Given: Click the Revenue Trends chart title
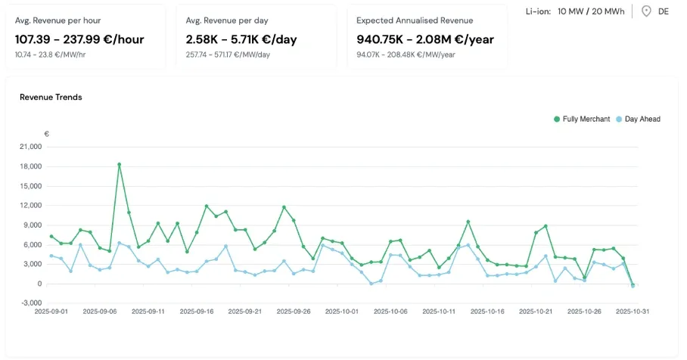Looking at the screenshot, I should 51,97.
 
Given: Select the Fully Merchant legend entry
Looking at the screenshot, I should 582,119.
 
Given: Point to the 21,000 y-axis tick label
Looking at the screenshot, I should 30,147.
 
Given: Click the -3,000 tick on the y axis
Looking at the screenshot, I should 31,303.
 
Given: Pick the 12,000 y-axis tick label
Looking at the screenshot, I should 30,206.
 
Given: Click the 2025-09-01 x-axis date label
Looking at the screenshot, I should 52,311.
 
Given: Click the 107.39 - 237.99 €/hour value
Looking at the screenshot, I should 79,39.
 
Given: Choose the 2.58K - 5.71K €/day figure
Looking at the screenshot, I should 240,39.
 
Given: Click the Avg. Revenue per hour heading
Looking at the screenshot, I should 58,20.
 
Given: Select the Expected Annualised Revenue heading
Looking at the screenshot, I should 415,20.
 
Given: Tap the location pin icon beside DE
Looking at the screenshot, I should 646,11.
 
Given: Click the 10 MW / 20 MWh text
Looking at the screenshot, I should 590,11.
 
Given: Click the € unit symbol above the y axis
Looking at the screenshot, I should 47,134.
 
